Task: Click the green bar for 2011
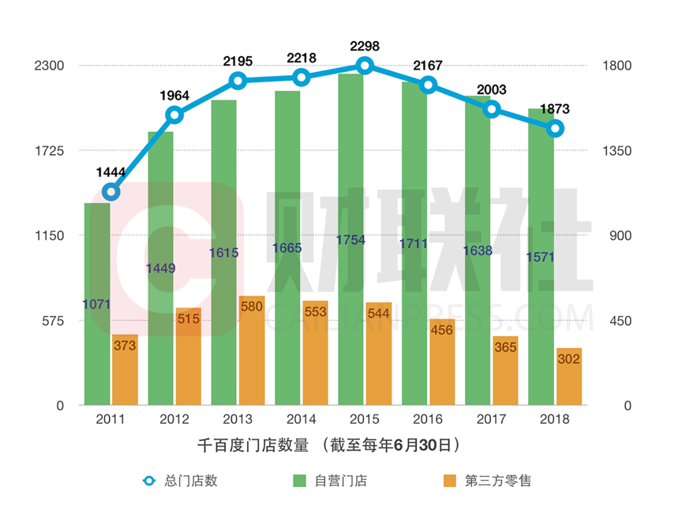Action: tap(97, 304)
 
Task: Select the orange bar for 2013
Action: tap(251, 351)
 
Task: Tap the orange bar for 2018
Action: tap(568, 377)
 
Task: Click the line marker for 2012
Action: tap(174, 115)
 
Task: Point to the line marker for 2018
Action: tap(555, 128)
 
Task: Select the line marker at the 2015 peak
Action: tap(365, 66)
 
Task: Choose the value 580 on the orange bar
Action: tap(251, 306)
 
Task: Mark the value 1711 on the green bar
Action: tap(414, 243)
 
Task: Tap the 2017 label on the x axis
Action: tap(491, 420)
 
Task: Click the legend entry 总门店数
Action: tap(189, 481)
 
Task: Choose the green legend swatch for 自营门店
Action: tap(299, 481)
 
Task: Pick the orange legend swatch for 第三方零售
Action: tap(449, 481)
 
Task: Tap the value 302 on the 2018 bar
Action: tap(568, 359)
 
